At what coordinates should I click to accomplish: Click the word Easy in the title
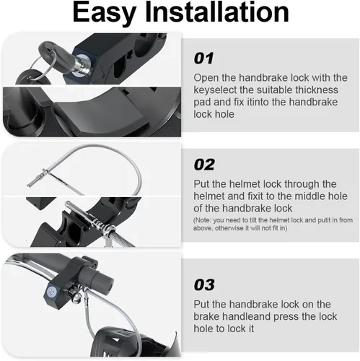tap(105, 13)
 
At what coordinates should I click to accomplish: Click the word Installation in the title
tap(216, 12)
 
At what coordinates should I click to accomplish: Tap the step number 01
tap(203, 58)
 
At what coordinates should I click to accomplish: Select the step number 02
tap(204, 165)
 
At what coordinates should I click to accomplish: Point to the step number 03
tap(204, 285)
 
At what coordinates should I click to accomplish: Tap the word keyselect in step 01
tap(215, 90)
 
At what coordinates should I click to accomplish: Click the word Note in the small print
tap(203, 220)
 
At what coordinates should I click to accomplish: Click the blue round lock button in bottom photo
tap(51, 292)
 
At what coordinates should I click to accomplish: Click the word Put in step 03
tap(202, 305)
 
